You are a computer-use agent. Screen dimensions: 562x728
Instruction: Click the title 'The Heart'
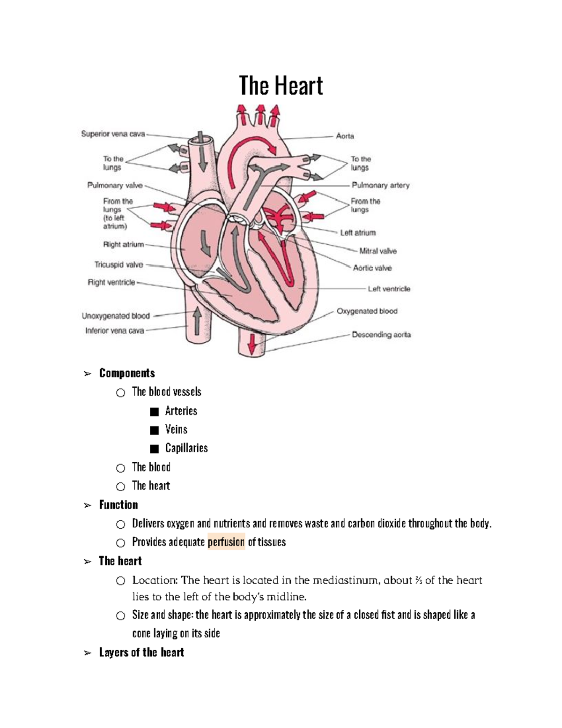pyautogui.click(x=281, y=86)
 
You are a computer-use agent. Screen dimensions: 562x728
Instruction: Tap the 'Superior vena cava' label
pyautogui.click(x=113, y=134)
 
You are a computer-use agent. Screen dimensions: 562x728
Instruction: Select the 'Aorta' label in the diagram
pyautogui.click(x=345, y=136)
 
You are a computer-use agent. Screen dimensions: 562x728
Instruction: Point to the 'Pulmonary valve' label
pyautogui.click(x=115, y=185)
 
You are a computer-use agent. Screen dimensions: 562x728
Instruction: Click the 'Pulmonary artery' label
pyautogui.click(x=380, y=185)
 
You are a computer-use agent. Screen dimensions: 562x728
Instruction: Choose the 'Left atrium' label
pyautogui.click(x=358, y=233)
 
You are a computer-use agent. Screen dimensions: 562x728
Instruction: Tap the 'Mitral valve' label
pyautogui.click(x=377, y=251)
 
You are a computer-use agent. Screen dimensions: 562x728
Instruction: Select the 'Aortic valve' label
pyautogui.click(x=372, y=268)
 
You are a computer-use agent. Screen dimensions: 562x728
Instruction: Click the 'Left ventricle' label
pyautogui.click(x=389, y=289)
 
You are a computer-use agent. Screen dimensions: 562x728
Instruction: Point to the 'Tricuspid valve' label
pyautogui.click(x=118, y=265)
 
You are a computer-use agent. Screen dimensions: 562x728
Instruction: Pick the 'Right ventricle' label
pyautogui.click(x=111, y=282)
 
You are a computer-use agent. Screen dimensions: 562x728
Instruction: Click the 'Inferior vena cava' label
pyautogui.click(x=114, y=330)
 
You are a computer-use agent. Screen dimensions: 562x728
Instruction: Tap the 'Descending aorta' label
pyautogui.click(x=381, y=335)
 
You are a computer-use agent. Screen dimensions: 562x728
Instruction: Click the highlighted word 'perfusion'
pyautogui.click(x=226, y=542)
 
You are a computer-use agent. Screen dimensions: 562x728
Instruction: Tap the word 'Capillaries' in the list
pyautogui.click(x=186, y=448)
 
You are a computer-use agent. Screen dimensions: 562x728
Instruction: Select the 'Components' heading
pyautogui.click(x=127, y=373)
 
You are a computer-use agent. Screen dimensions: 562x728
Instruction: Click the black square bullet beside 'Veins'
pyautogui.click(x=154, y=430)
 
